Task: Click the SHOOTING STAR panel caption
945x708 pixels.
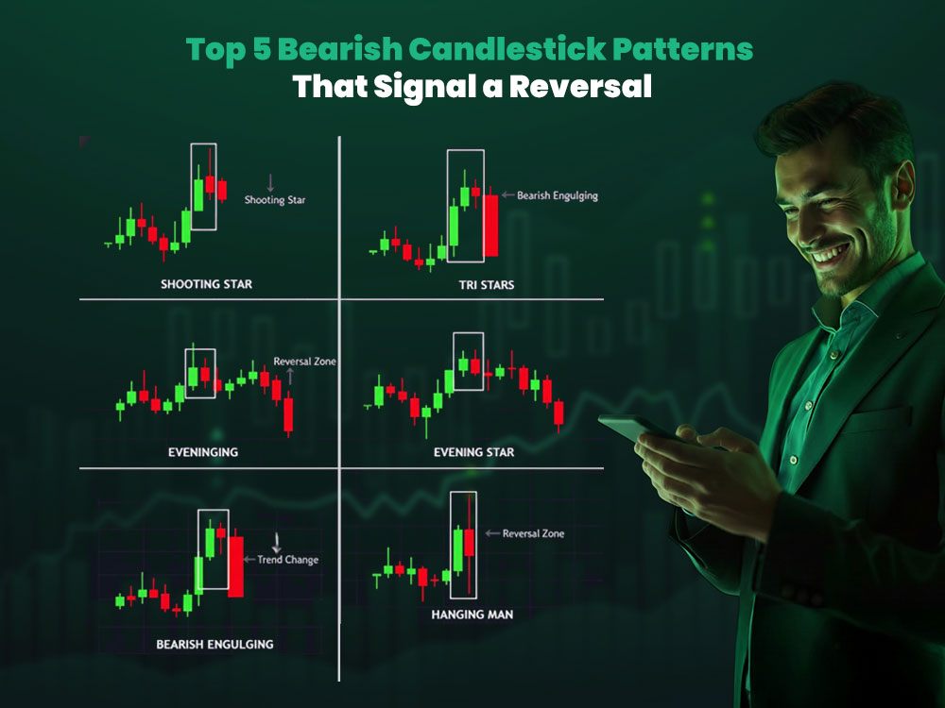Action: pos(206,284)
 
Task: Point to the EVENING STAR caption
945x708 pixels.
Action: pos(473,452)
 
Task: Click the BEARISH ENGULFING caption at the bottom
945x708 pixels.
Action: pos(215,645)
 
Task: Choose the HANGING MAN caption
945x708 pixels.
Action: pos(472,615)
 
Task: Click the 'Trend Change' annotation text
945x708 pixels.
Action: pos(287,560)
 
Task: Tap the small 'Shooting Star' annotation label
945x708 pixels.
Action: pos(275,200)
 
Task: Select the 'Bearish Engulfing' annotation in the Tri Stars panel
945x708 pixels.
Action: pos(558,195)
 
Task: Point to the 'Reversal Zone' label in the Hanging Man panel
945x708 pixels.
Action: pos(533,533)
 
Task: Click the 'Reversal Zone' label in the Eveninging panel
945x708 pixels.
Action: pos(304,362)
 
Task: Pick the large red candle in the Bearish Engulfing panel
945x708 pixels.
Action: pos(236,565)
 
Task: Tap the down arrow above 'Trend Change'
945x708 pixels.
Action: pos(277,542)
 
